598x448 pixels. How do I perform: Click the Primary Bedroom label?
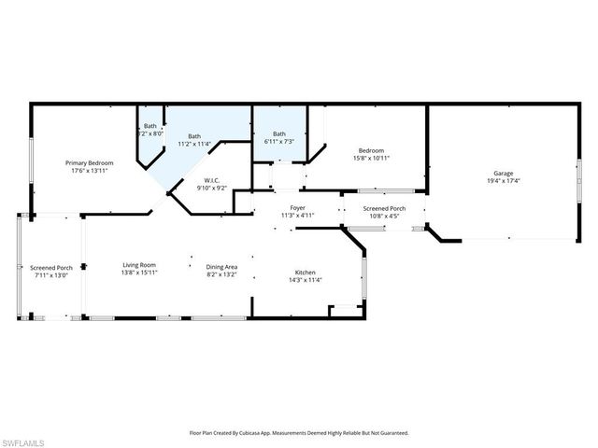(88, 163)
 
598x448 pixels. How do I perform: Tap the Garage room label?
(503, 174)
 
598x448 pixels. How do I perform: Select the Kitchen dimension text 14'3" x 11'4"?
(305, 280)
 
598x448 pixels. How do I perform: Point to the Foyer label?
(298, 208)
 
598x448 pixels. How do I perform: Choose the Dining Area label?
(221, 267)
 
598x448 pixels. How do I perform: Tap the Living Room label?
(139, 267)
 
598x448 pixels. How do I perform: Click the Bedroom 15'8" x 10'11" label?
(371, 150)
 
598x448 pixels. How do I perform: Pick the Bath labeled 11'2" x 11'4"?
(194, 136)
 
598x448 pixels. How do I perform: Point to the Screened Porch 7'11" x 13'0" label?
(51, 268)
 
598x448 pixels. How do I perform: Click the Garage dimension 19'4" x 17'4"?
(503, 181)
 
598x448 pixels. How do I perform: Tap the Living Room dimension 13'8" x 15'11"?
(139, 274)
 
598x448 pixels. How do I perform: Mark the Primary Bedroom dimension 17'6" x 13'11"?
(88, 171)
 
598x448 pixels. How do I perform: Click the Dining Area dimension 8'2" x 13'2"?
(221, 274)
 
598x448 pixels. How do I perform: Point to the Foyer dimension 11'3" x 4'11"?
(298, 216)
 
